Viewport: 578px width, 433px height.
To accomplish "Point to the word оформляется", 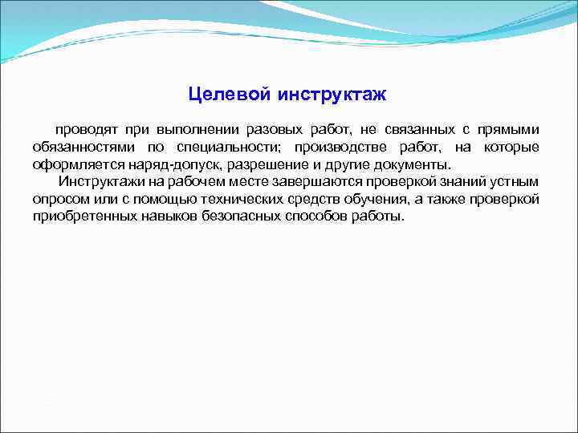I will [x=73, y=165].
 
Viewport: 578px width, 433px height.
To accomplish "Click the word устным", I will [x=515, y=182].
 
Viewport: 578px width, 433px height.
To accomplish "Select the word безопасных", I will [x=235, y=217].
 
